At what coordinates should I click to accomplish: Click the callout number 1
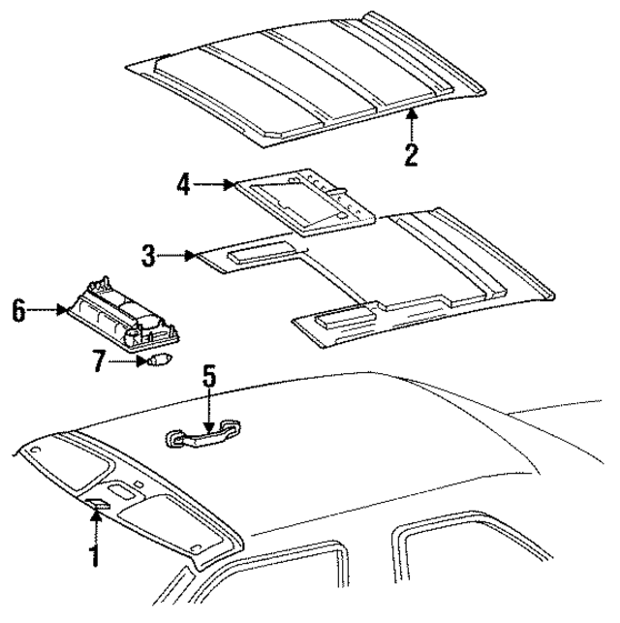click(x=95, y=556)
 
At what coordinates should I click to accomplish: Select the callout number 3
click(x=148, y=257)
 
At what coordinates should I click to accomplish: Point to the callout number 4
click(x=183, y=183)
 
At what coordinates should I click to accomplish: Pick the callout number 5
click(x=207, y=379)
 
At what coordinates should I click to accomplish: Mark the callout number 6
click(x=18, y=311)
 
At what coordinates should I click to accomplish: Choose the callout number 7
click(x=97, y=362)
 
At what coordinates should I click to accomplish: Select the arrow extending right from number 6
click(x=46, y=311)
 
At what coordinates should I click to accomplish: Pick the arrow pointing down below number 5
click(x=207, y=412)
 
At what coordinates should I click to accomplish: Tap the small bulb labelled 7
click(x=157, y=360)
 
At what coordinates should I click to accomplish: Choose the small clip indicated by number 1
click(x=100, y=504)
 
